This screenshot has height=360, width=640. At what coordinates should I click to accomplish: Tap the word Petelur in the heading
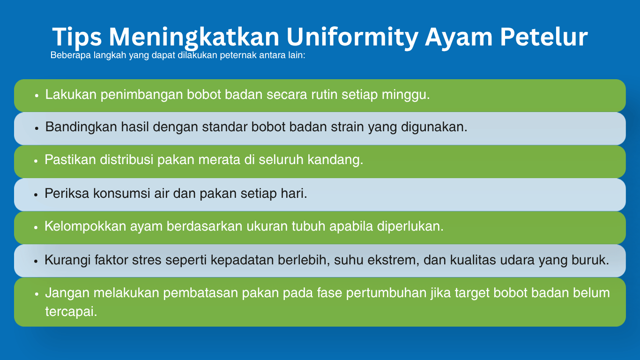(543, 37)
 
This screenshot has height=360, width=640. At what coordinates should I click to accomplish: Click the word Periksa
(67, 194)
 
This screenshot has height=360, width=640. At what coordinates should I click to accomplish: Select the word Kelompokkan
(85, 226)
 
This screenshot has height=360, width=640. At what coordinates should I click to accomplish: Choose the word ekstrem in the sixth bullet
(393, 260)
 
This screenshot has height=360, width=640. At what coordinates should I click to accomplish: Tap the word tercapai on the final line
(71, 312)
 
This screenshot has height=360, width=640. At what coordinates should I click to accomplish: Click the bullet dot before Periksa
(36, 195)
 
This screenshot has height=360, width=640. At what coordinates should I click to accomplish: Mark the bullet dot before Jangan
(36, 294)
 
